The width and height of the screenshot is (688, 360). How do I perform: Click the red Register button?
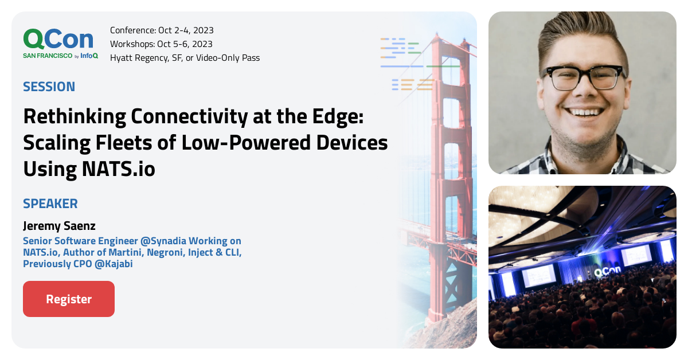pyautogui.click(x=69, y=299)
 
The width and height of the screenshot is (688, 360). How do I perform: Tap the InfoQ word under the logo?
pyautogui.click(x=89, y=56)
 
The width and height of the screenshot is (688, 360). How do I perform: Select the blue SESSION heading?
pyautogui.click(x=49, y=87)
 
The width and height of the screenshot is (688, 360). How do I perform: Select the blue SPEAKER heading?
pyautogui.click(x=50, y=204)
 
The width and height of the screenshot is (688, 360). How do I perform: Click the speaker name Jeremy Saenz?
pyautogui.click(x=59, y=226)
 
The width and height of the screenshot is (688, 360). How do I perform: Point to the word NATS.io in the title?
pyautogui.click(x=118, y=169)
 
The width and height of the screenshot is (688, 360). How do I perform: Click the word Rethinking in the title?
pyautogui.click(x=75, y=117)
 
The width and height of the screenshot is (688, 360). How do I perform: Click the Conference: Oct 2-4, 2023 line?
pyautogui.click(x=162, y=30)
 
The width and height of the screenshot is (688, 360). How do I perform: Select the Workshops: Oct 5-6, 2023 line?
pyautogui.click(x=161, y=44)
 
